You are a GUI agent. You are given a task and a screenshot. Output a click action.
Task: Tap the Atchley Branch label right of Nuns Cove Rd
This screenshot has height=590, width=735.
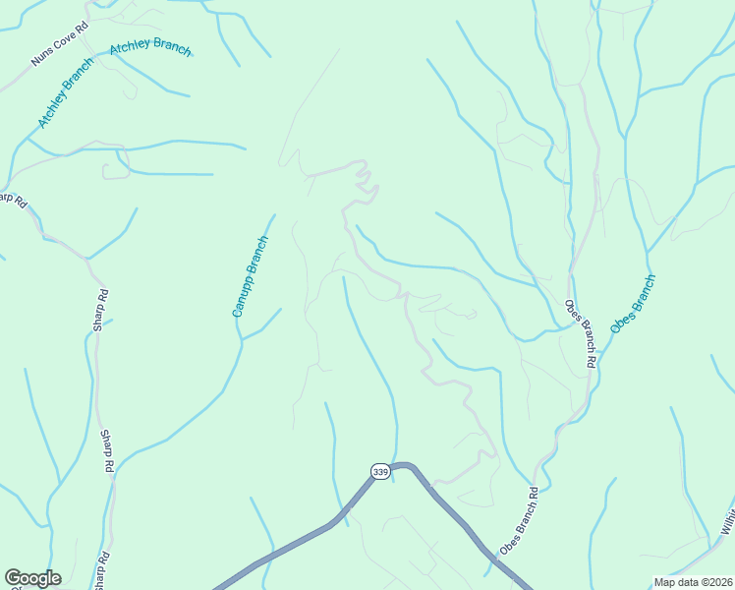click(150, 48)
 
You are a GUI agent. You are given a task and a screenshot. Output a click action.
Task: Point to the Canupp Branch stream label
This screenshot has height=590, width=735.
click(250, 276)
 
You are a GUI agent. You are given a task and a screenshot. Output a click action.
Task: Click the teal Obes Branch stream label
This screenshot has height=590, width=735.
click(632, 304)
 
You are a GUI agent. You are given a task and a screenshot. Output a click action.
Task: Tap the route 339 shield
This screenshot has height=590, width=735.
click(381, 472)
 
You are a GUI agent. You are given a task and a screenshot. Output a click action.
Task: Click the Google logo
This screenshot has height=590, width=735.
click(32, 578)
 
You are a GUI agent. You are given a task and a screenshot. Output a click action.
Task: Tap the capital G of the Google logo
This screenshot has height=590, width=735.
click(13, 578)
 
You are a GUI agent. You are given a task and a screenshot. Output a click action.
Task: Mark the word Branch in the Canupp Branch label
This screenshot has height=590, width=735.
click(256, 256)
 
